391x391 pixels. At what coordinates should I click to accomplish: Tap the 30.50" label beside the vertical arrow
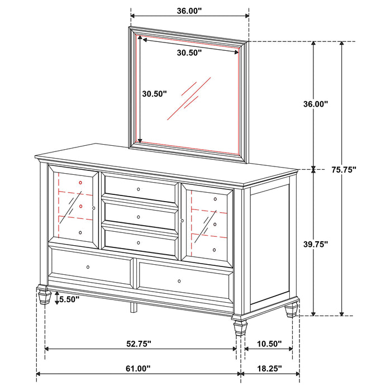(154, 94)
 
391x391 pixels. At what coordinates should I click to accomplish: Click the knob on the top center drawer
(138, 190)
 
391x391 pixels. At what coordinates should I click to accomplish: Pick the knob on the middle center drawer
(138, 217)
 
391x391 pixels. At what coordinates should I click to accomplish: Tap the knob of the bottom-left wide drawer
(88, 268)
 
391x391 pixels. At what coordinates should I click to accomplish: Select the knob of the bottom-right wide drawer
(179, 280)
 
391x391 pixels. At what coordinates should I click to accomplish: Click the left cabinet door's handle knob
(94, 208)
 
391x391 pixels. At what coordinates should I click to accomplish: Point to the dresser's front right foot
(240, 326)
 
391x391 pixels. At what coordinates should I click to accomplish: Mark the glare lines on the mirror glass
(188, 98)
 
